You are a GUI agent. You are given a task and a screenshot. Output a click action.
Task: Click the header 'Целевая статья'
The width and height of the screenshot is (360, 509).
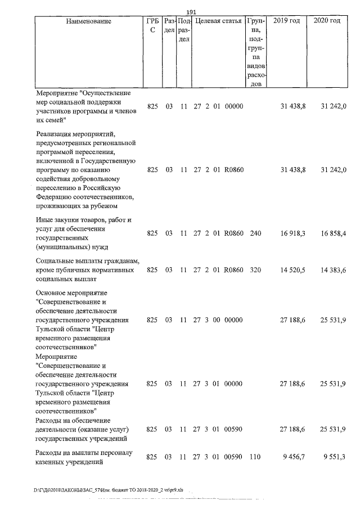[x=218, y=21]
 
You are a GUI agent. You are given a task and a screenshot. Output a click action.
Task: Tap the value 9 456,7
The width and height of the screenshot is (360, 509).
[x=294, y=457]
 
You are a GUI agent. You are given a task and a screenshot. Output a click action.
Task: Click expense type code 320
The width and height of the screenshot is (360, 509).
[x=255, y=270]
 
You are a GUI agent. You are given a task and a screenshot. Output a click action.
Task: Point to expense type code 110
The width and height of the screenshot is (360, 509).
[x=255, y=457]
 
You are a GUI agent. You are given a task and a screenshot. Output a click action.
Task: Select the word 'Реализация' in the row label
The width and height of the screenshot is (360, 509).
[x=55, y=133]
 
